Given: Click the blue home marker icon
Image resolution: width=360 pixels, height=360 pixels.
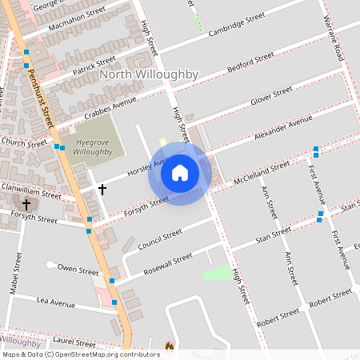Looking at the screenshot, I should point(180,172).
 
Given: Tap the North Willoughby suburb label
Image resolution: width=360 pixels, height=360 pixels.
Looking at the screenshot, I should point(149,74).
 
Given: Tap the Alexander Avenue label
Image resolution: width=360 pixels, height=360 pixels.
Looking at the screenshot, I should point(282,128).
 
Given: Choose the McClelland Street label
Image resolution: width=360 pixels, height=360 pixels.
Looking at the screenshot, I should point(262,170).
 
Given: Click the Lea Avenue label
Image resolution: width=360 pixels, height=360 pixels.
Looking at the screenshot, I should point(55,303).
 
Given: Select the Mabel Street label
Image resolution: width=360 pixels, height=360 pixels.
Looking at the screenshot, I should point(15,274).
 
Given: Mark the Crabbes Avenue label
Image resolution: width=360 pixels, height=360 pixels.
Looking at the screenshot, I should point(110,108).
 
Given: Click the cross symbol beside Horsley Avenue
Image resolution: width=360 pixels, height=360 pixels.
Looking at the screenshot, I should point(102,190).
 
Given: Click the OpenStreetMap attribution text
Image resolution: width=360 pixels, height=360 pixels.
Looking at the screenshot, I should point(81,354).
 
